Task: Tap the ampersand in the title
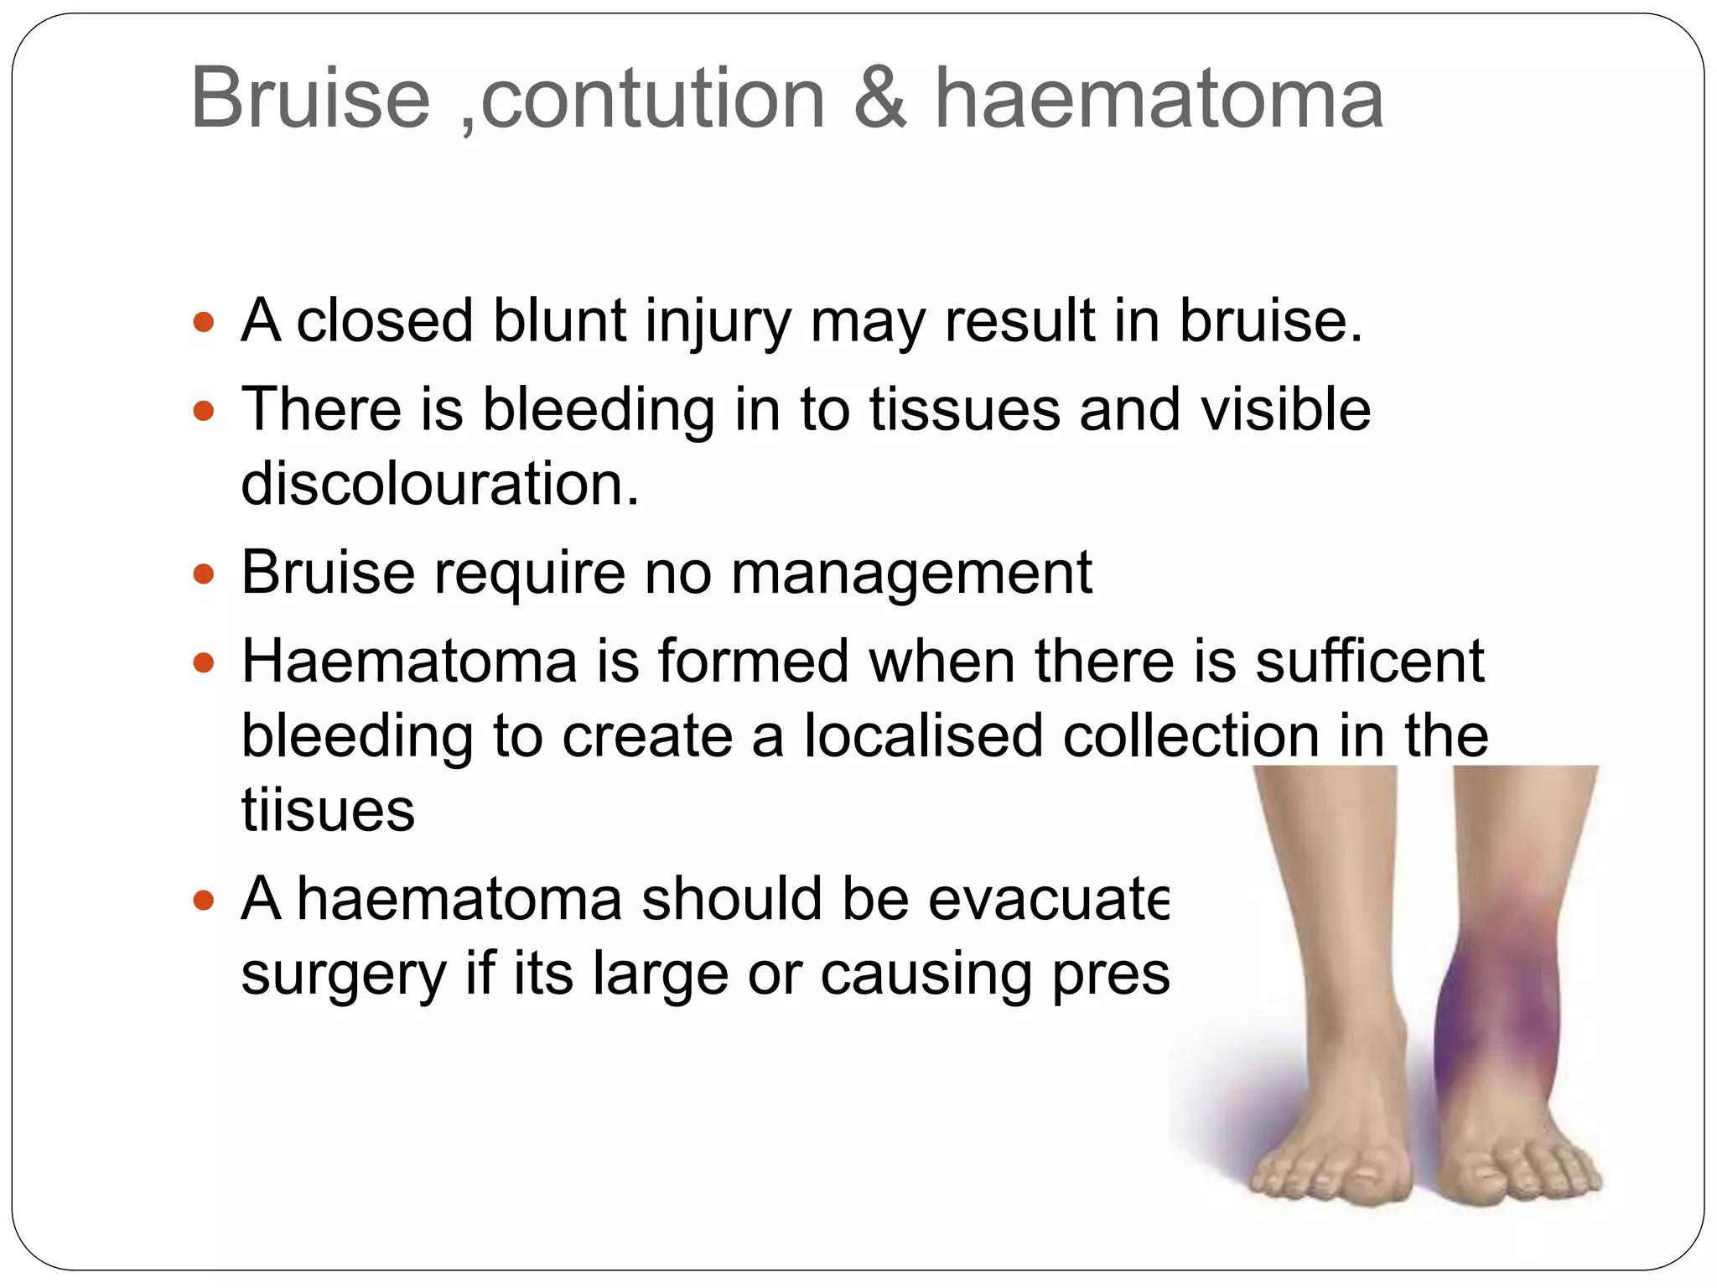pos(880,99)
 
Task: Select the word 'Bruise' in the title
pos(310,99)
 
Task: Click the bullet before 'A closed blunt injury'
pos(204,322)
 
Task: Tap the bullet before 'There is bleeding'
pos(204,411)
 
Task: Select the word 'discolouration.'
pos(439,485)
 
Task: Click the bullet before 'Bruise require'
pos(204,575)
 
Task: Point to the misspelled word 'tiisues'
pos(328,810)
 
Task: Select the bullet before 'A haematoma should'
pos(204,901)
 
